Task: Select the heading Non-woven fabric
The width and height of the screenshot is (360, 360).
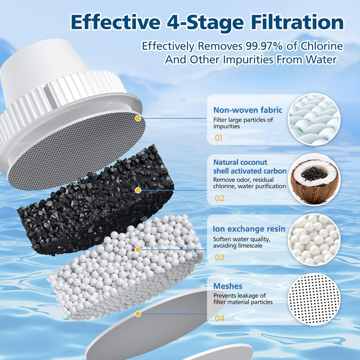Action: click(247, 110)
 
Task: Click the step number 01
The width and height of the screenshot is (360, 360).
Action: click(219, 138)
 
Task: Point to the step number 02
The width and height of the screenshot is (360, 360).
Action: click(219, 198)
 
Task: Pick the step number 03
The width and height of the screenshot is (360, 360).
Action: click(219, 257)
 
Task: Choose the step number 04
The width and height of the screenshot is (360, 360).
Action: click(219, 319)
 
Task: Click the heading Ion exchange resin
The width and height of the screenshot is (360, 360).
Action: click(249, 229)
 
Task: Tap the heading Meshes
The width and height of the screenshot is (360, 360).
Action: click(227, 286)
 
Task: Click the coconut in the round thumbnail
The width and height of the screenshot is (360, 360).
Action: click(314, 179)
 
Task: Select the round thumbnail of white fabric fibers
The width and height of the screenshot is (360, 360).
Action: click(314, 119)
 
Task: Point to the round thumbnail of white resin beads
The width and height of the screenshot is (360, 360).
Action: click(314, 239)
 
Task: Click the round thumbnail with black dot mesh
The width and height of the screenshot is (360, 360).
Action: click(314, 299)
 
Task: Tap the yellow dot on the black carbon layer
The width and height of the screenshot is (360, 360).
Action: click(138, 190)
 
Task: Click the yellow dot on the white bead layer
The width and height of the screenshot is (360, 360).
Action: click(138, 249)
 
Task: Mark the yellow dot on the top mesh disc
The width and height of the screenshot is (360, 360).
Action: click(138, 118)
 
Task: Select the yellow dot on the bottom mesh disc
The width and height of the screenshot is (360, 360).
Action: click(138, 313)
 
